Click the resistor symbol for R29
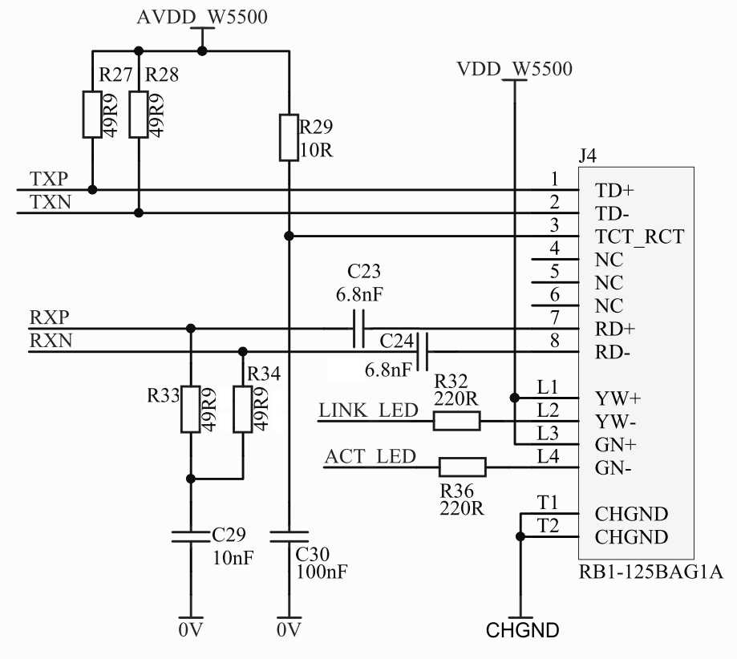tap(289, 137)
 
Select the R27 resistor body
tap(92, 114)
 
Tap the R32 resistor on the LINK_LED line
tap(456, 421)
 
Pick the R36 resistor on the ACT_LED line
tap(463, 467)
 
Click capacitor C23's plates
tap(358, 328)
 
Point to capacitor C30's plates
tap(289, 537)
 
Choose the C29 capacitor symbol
tap(190, 537)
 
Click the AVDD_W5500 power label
tap(202, 17)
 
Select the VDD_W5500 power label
tap(515, 69)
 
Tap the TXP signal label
tap(50, 179)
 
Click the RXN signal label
tap(51, 340)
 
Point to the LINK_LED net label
tap(369, 410)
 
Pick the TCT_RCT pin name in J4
tap(639, 237)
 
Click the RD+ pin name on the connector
tap(615, 329)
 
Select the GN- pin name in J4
tap(613, 467)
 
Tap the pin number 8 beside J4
tap(555, 340)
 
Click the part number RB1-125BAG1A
tap(651, 572)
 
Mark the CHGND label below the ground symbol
tap(522, 630)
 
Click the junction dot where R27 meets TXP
tap(92, 189)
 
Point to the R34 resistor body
tap(242, 409)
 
